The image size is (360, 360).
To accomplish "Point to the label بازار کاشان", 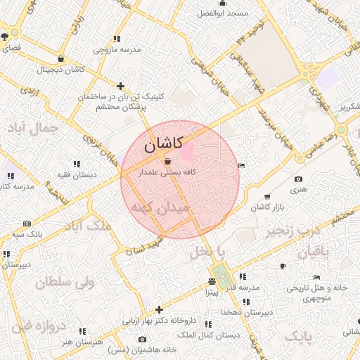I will click(x=266, y=207).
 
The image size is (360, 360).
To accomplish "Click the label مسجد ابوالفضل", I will click(x=223, y=14).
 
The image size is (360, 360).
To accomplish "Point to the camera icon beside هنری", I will click(x=299, y=180).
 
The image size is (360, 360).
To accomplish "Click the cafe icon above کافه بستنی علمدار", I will click(x=167, y=161).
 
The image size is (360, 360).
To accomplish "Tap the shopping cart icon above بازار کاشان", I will click(x=266, y=196).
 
